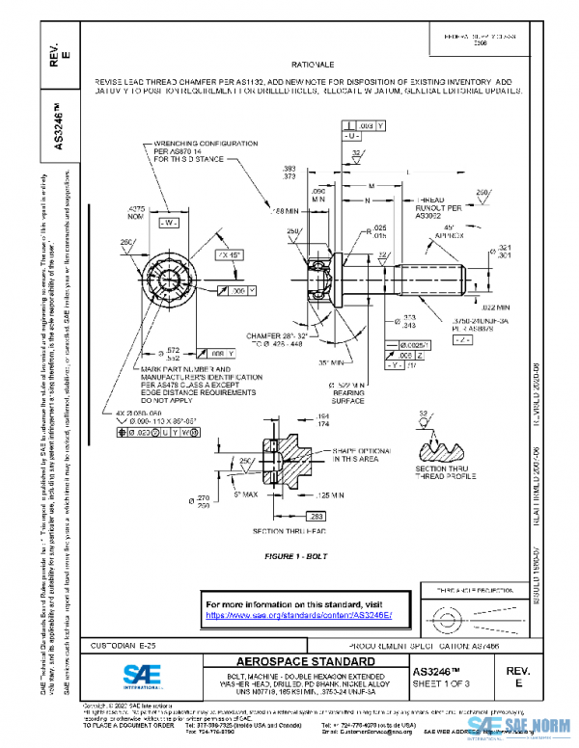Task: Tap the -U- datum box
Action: click(352, 137)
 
